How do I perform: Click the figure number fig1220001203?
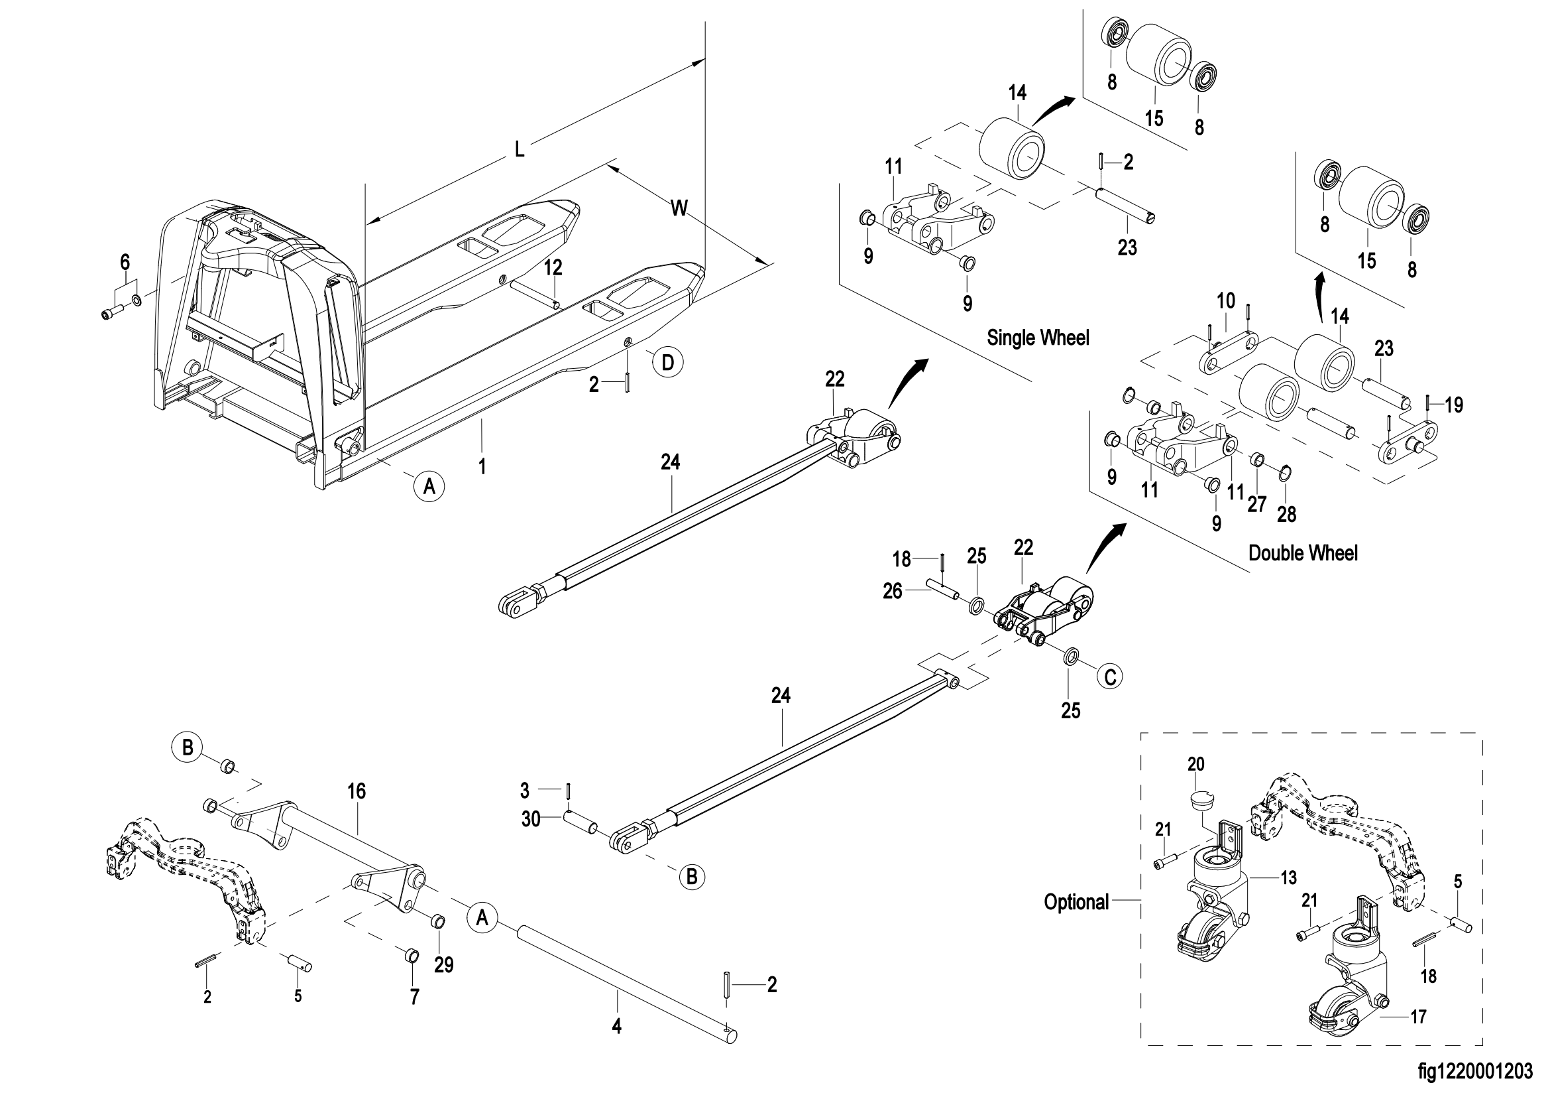pyautogui.click(x=1475, y=1072)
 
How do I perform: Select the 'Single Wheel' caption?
pyautogui.click(x=1038, y=337)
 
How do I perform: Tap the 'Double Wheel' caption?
pyautogui.click(x=1302, y=553)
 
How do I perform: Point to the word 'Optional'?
pyautogui.click(x=1076, y=902)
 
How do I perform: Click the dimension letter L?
pyautogui.click(x=519, y=149)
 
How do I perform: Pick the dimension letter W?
pyautogui.click(x=679, y=208)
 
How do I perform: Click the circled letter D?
pyautogui.click(x=667, y=363)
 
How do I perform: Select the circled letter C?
pyautogui.click(x=1110, y=676)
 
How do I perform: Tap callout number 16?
pyautogui.click(x=357, y=791)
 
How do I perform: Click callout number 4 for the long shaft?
pyautogui.click(x=616, y=1027)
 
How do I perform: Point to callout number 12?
pyautogui.click(x=553, y=267)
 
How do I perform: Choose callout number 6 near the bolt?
pyautogui.click(x=125, y=262)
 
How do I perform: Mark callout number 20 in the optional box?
pyautogui.click(x=1195, y=764)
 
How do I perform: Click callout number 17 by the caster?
pyautogui.click(x=1418, y=1016)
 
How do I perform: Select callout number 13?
pyautogui.click(x=1288, y=877)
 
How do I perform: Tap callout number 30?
pyautogui.click(x=531, y=819)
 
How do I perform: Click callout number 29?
pyautogui.click(x=443, y=964)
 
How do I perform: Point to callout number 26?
pyautogui.click(x=893, y=591)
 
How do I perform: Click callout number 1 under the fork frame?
pyautogui.click(x=482, y=466)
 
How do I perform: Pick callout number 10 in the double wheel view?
pyautogui.click(x=1225, y=300)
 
